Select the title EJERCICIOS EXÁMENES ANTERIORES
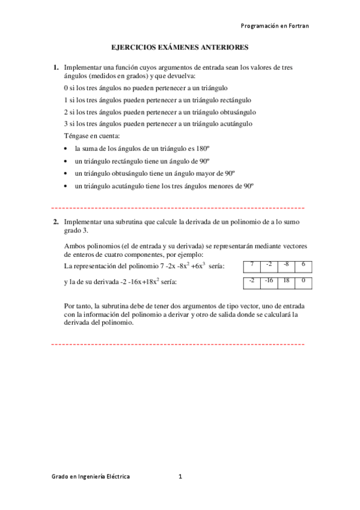[x=180, y=46]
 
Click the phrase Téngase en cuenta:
[x=91, y=136]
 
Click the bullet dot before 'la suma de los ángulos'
[x=66, y=149]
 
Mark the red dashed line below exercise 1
[x=178, y=207]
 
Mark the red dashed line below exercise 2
[x=178, y=345]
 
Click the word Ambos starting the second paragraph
[x=73, y=245]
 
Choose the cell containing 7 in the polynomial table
[x=252, y=265]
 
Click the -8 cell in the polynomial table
[x=285, y=265]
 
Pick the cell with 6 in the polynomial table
[x=303, y=265]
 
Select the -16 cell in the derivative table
[x=269, y=281]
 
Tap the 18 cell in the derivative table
[x=286, y=281]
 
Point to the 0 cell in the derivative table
[x=304, y=281]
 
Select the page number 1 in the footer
[x=180, y=476]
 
